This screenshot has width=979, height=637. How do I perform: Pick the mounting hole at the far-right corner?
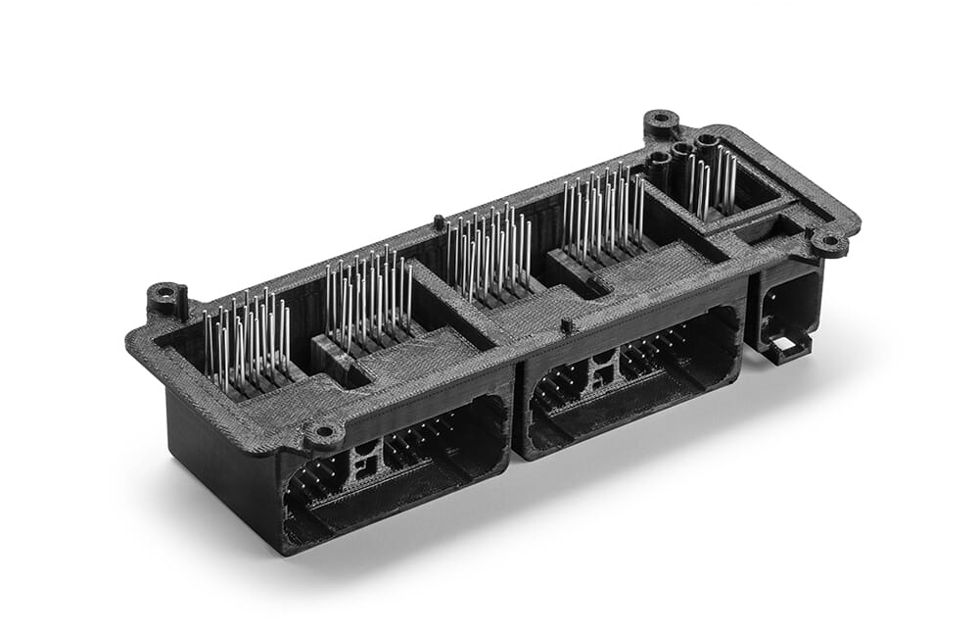point(829,240)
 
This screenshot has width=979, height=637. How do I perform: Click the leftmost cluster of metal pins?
point(247,339)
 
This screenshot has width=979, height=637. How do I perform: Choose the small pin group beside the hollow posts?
point(713,181)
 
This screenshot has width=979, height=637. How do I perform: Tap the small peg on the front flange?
point(565,323)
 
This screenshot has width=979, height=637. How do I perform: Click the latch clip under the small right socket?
point(787,345)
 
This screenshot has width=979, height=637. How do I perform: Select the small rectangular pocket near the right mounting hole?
point(763,229)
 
